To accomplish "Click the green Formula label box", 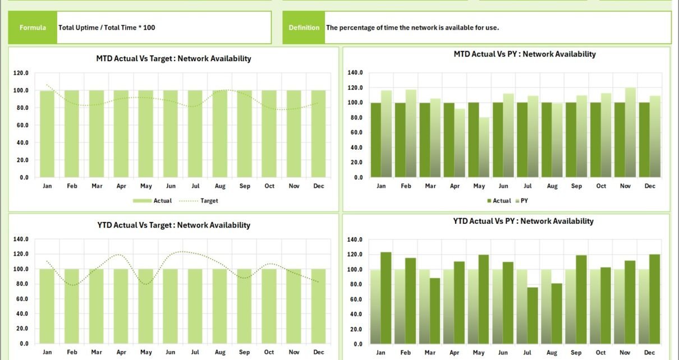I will tap(33, 27).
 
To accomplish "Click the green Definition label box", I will tap(304, 27).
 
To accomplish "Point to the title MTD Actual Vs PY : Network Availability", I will tap(524, 54).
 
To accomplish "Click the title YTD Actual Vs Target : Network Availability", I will tap(173, 225).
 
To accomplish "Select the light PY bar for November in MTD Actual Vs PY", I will tap(630, 132).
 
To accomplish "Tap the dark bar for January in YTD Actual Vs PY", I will tap(386, 298).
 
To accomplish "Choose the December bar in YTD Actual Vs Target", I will tap(319, 306).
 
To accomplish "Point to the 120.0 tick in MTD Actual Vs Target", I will tap(21, 73).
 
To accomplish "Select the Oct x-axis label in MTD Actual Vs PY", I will tap(601, 186).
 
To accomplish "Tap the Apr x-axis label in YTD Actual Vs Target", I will tap(121, 353).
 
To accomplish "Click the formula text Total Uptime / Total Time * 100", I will tap(107, 27).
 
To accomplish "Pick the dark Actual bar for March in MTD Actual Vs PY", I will tap(425, 140).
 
